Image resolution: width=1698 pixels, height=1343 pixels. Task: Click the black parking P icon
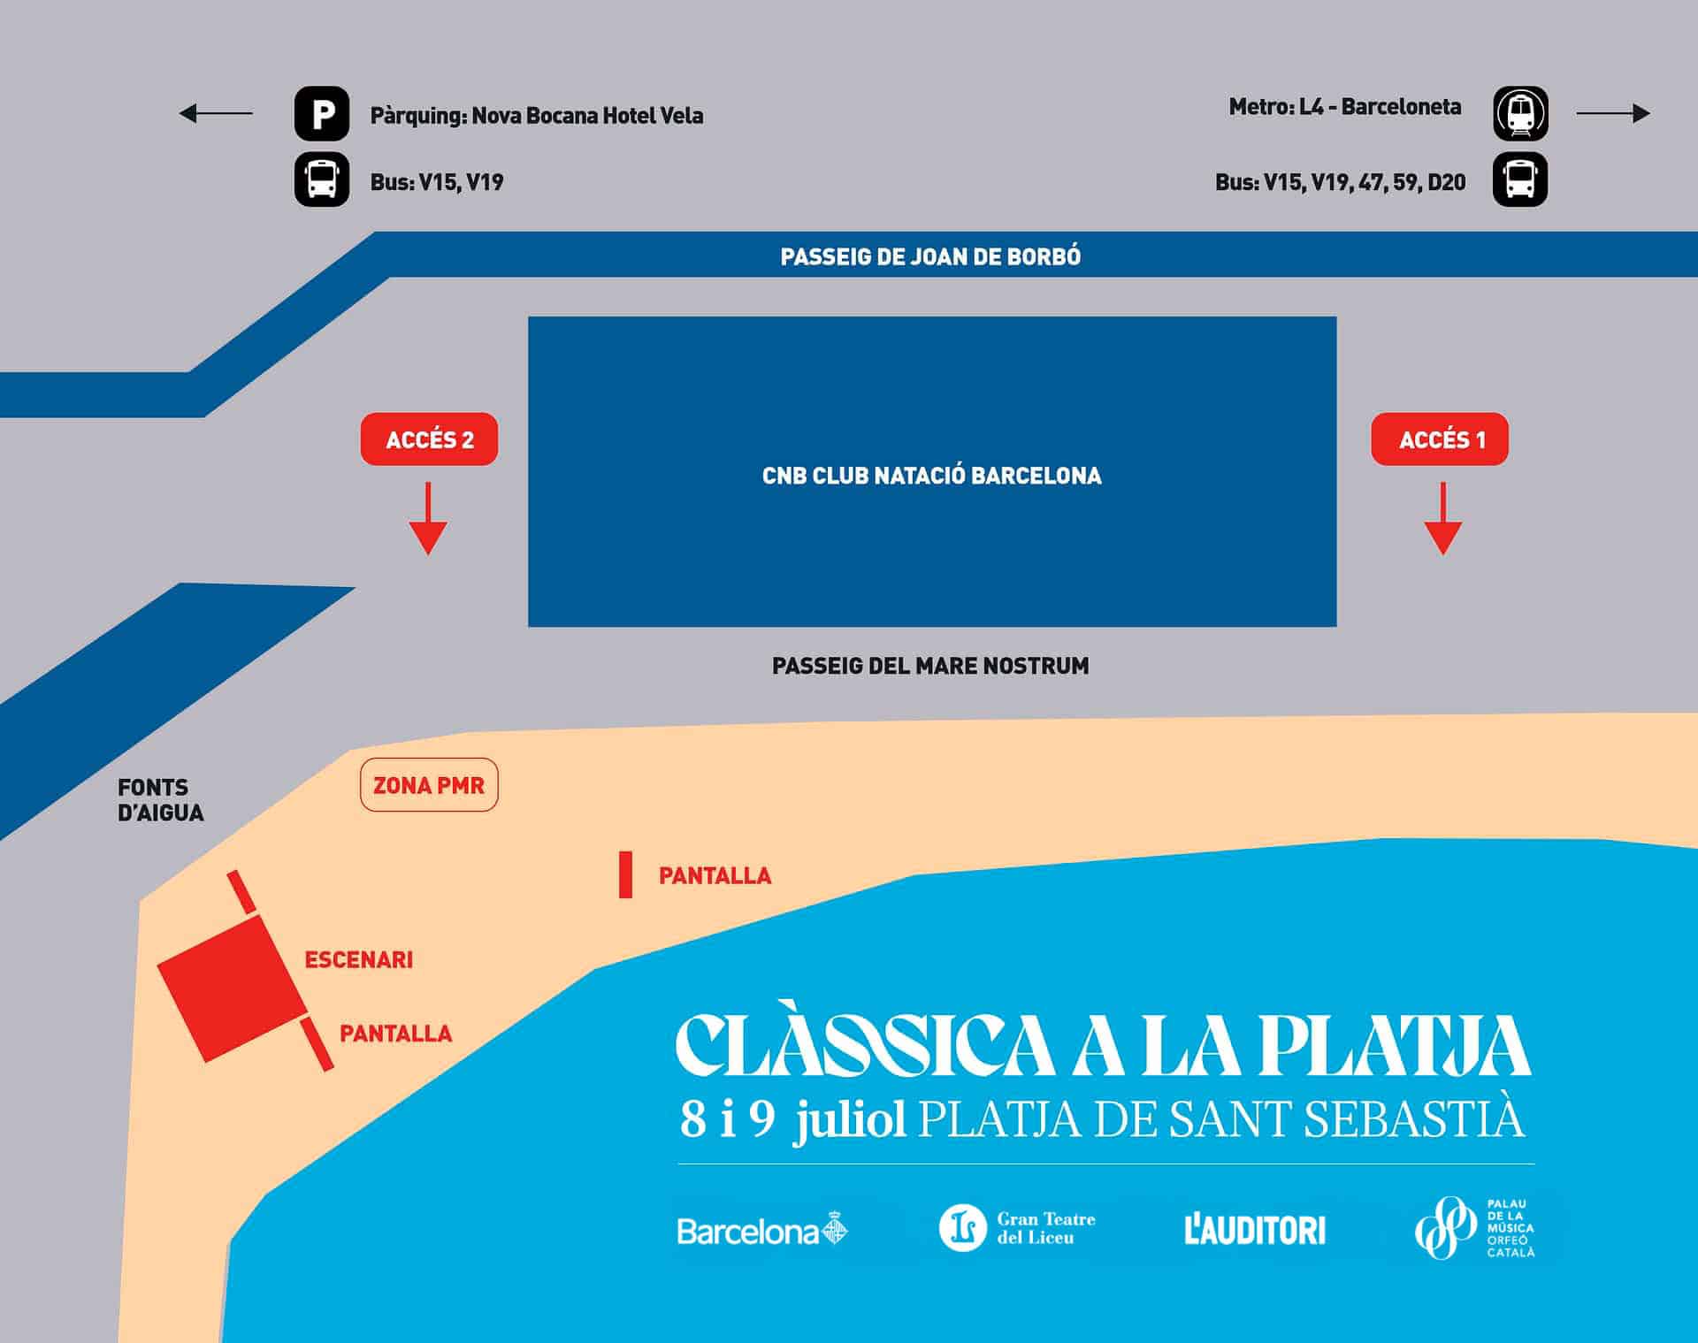click(x=322, y=113)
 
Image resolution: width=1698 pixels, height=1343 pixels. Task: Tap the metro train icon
click(x=1520, y=113)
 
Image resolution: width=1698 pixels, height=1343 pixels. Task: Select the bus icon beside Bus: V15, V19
click(x=322, y=179)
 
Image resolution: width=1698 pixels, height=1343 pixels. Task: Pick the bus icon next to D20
click(x=1520, y=179)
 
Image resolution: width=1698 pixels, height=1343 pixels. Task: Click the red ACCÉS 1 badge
click(x=1440, y=439)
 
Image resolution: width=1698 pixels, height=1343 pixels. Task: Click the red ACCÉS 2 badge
click(x=429, y=439)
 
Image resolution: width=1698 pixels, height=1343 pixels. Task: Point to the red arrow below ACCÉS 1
click(x=1442, y=519)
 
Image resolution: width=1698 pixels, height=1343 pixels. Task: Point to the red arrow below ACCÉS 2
click(x=428, y=519)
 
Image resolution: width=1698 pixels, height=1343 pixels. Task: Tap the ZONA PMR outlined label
click(x=429, y=785)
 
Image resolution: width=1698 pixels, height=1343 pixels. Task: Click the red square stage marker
click(x=233, y=988)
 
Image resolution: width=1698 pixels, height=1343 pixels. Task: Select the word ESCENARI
click(x=358, y=960)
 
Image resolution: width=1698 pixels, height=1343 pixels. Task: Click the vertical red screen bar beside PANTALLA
click(x=625, y=875)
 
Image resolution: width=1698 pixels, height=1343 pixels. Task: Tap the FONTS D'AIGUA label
click(x=160, y=800)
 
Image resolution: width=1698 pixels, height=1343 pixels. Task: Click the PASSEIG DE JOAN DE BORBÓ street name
click(x=930, y=257)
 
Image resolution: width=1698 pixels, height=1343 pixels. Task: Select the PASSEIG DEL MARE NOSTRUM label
click(x=930, y=666)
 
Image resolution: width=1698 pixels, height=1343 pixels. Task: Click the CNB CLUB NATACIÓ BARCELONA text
click(x=932, y=476)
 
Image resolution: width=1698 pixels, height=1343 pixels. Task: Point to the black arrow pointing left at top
click(x=216, y=113)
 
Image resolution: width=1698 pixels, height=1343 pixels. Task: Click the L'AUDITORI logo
click(x=1255, y=1231)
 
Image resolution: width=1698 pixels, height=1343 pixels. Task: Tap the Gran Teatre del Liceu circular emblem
click(x=962, y=1228)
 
